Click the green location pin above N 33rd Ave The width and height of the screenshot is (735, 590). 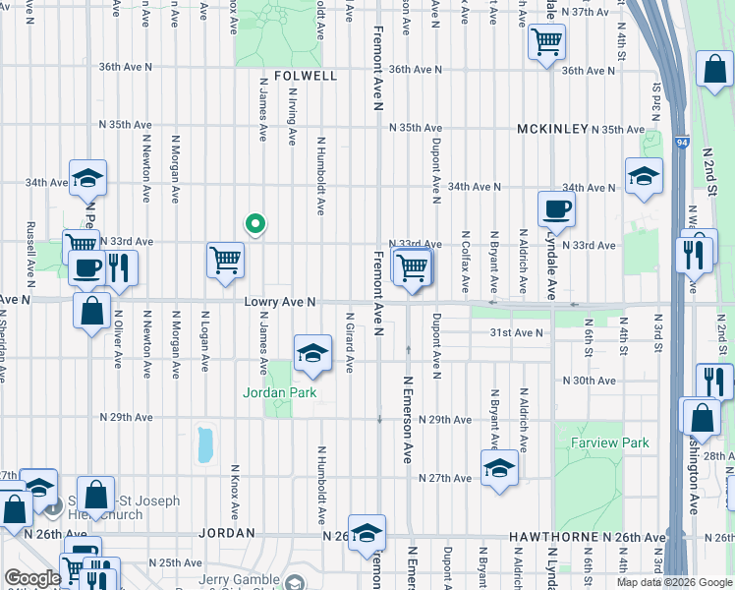(255, 224)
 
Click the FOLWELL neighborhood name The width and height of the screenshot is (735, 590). (306, 76)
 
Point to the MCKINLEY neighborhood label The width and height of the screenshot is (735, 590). (553, 129)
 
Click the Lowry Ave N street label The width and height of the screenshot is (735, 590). (278, 303)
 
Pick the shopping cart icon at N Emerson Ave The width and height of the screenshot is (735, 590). (413, 265)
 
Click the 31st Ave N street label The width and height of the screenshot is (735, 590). (516, 333)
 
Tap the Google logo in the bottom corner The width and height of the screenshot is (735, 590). (31, 578)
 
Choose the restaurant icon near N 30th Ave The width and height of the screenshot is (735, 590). (714, 381)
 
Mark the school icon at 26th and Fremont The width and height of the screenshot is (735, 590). (367, 533)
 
